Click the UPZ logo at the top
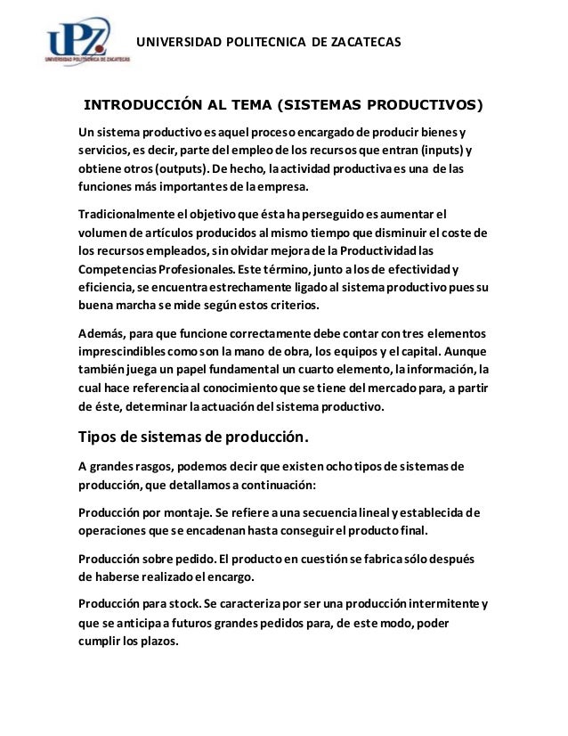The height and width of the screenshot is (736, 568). tap(88, 43)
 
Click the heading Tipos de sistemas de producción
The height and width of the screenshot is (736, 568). tap(195, 438)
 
